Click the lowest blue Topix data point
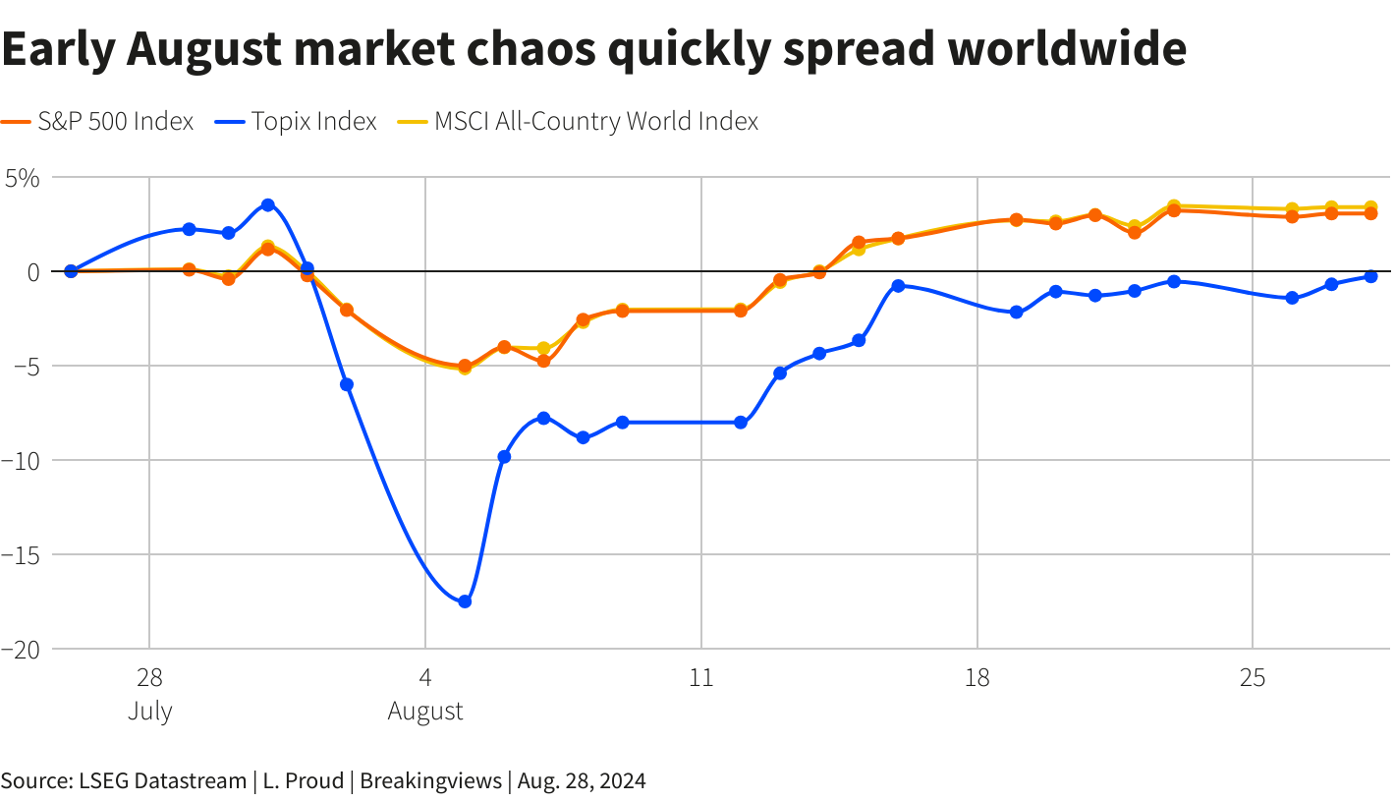[465, 601]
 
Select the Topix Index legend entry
[295, 121]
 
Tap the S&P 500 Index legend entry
[97, 121]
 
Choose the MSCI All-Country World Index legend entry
[578, 121]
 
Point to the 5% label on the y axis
[23, 179]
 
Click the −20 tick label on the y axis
[21, 650]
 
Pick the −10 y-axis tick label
[21, 461]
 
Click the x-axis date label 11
[701, 677]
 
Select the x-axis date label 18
[977, 677]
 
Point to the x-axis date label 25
[1253, 677]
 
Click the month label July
[150, 711]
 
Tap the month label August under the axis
[425, 711]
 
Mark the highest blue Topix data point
[268, 204]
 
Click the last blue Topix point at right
[1370, 276]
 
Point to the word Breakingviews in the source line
[431, 780]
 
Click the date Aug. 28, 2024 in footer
[582, 781]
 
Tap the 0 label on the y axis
[33, 272]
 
